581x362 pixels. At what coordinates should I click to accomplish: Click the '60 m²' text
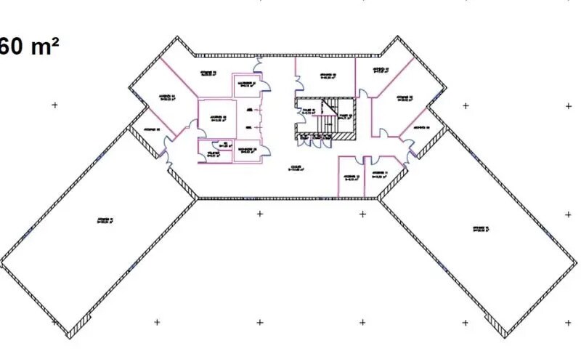click(x=29, y=47)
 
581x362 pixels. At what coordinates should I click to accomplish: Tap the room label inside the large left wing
click(x=107, y=220)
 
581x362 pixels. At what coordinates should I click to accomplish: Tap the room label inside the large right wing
click(x=479, y=230)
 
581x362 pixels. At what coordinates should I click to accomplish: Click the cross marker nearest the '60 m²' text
click(x=54, y=105)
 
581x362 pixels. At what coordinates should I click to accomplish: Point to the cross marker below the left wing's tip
click(x=157, y=322)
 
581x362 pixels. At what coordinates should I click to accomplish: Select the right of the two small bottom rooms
click(x=378, y=174)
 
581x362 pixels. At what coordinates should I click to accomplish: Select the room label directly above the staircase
click(x=325, y=76)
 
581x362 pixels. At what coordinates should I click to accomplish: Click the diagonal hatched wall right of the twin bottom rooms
click(x=393, y=185)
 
